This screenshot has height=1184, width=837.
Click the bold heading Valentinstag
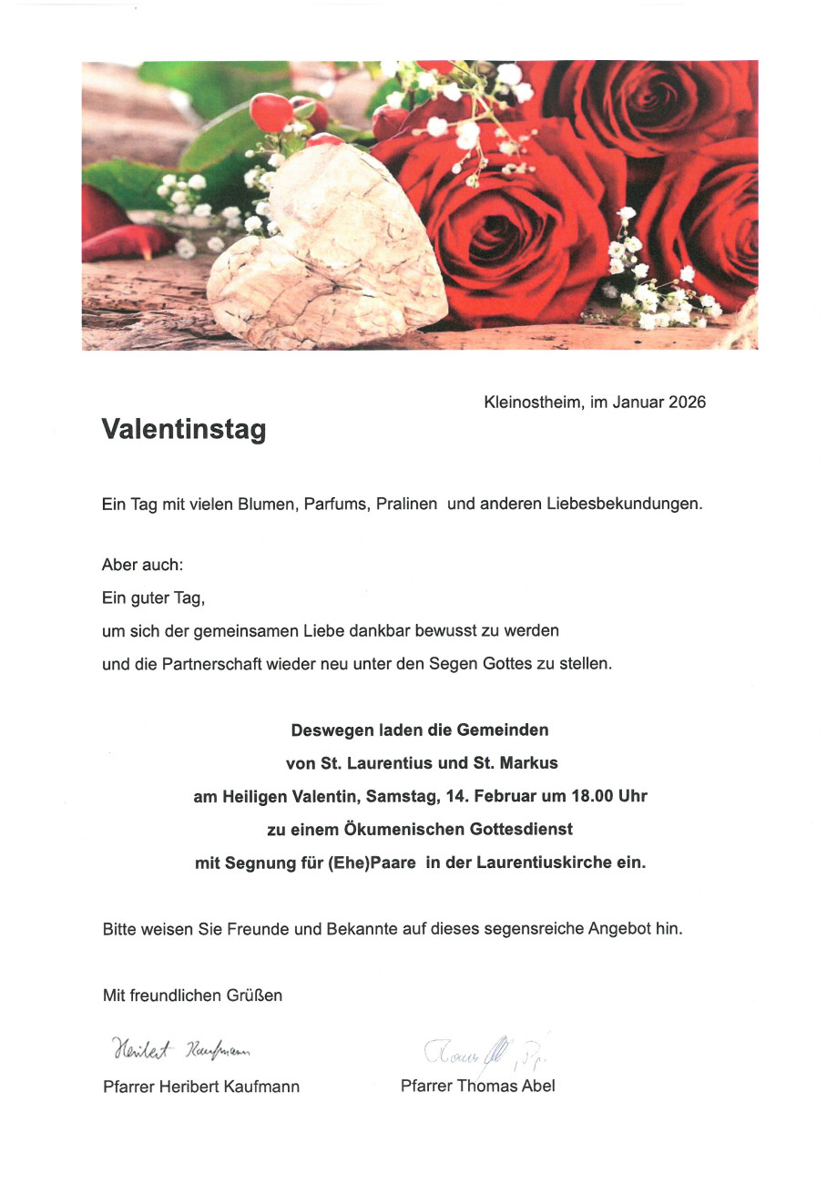183,429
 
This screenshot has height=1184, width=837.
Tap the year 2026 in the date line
687,402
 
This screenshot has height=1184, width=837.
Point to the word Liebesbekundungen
624,504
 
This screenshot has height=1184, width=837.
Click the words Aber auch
142,565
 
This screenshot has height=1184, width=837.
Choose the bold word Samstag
403,796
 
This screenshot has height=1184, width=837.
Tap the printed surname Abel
537,1086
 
